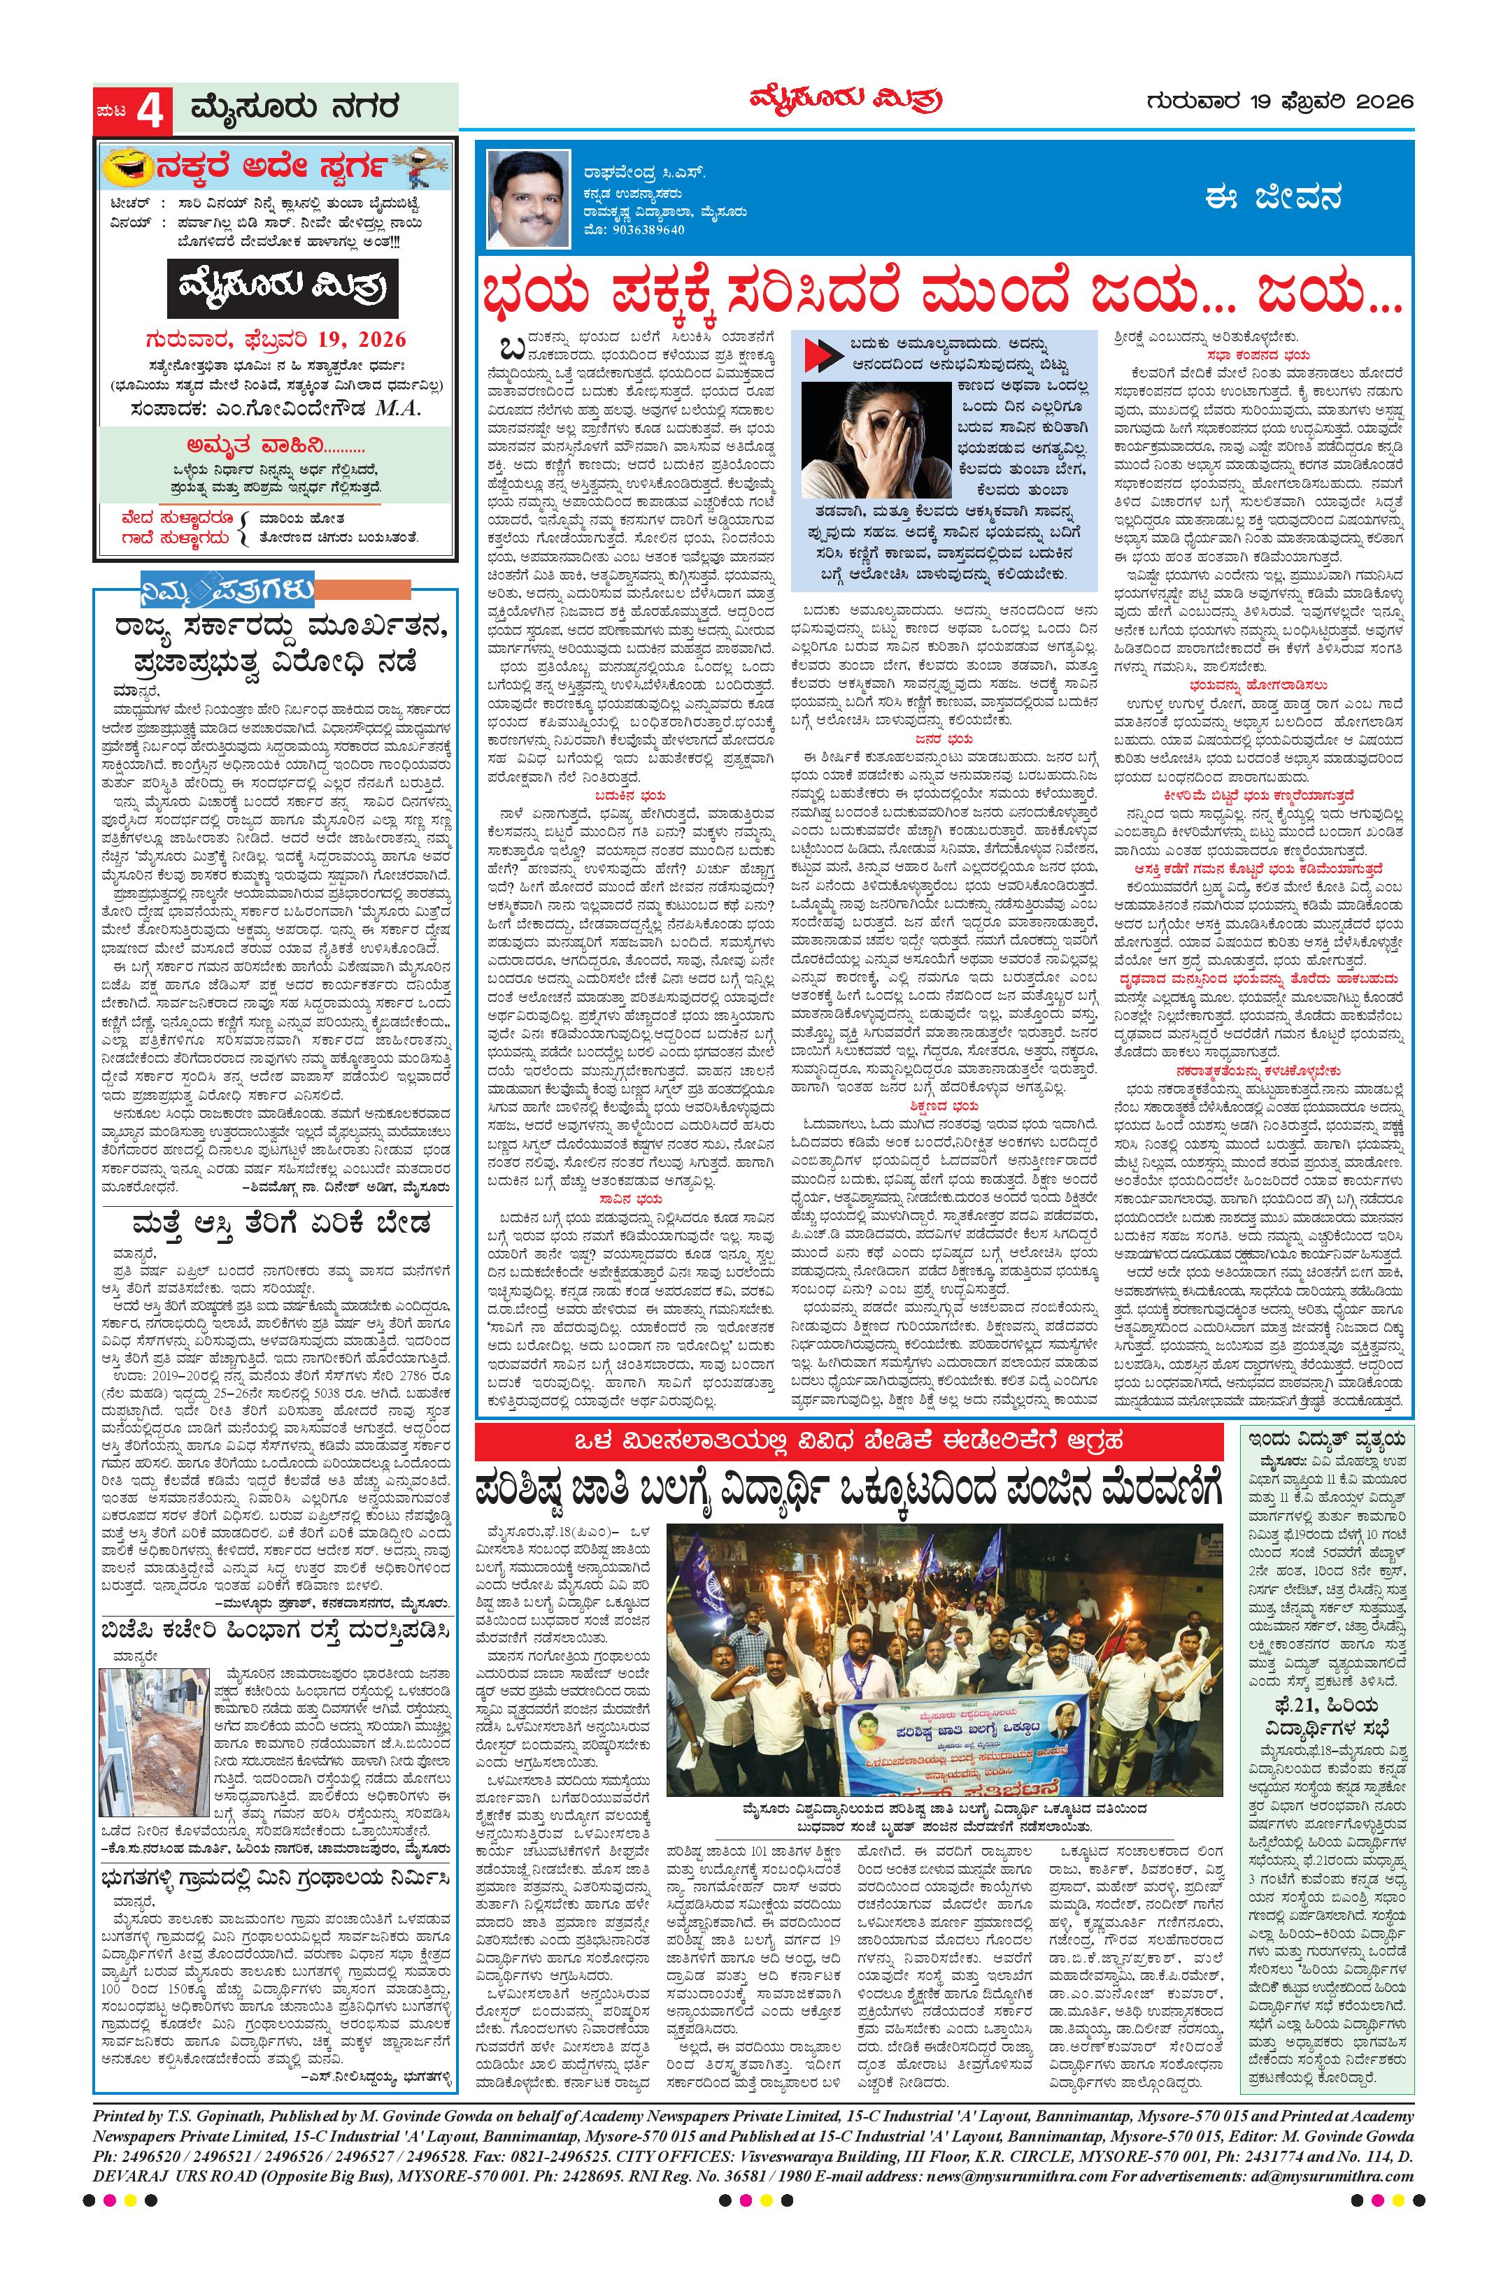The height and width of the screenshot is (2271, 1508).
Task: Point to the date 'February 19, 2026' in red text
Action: pos(277,339)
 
